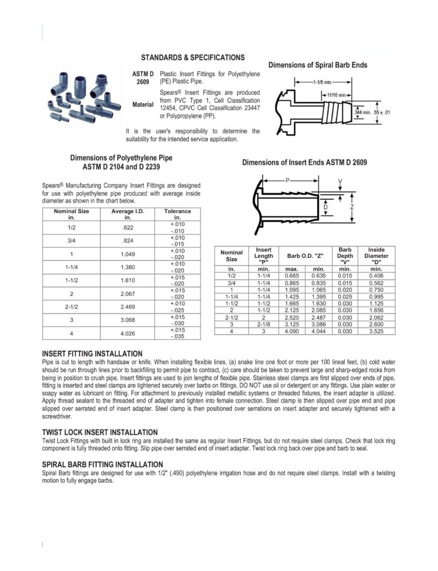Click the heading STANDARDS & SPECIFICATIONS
192,57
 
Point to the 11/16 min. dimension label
335,94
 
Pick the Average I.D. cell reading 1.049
128,254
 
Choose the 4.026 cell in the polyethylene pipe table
128,334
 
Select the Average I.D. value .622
128,228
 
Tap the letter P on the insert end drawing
288,181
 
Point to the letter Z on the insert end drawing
353,206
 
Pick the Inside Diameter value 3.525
376,331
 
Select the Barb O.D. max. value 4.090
292,331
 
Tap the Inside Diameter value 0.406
376,275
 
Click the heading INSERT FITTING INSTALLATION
92,354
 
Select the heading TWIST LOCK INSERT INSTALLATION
100,432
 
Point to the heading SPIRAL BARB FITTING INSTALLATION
103,464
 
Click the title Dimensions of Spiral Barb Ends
318,65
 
